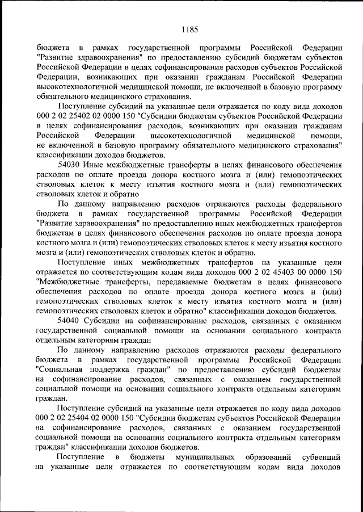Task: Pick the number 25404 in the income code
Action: coord(69,416)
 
